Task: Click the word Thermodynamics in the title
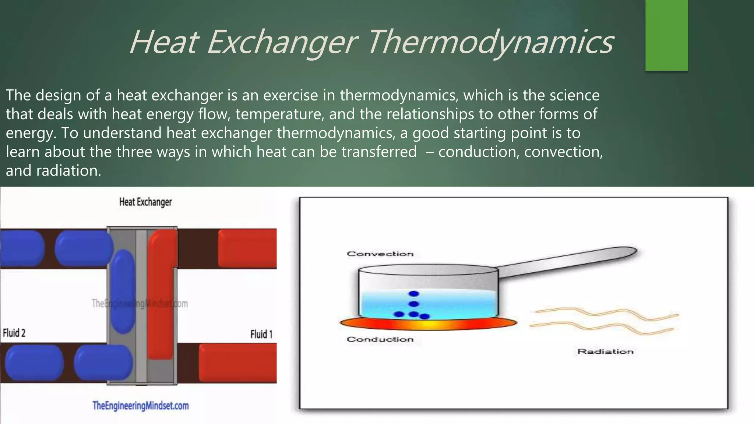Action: point(490,42)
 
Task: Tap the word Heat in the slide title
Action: point(164,42)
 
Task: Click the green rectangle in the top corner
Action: point(666,35)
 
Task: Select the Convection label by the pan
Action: point(380,254)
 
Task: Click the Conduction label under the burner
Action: point(380,339)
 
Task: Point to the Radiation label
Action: point(605,352)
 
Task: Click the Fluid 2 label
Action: point(14,333)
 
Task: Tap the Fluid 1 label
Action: point(261,334)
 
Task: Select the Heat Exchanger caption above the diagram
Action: point(145,202)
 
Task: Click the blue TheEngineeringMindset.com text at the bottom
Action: point(140,406)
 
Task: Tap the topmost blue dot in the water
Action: point(414,294)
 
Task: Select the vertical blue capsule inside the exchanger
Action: point(123,291)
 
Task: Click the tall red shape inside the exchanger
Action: point(161,294)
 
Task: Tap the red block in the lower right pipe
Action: point(237,363)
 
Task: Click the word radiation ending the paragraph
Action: point(68,171)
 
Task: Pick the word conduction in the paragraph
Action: point(478,152)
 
